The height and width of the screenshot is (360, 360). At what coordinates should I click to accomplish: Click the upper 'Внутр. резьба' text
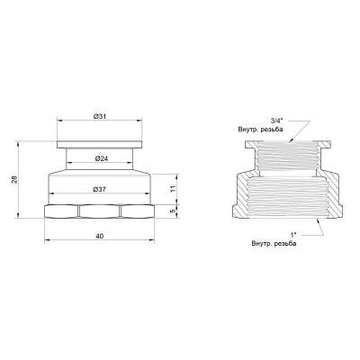click(262, 131)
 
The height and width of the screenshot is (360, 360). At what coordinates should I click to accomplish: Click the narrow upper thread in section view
click(285, 157)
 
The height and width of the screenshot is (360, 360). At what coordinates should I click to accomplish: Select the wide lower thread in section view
click(285, 193)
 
